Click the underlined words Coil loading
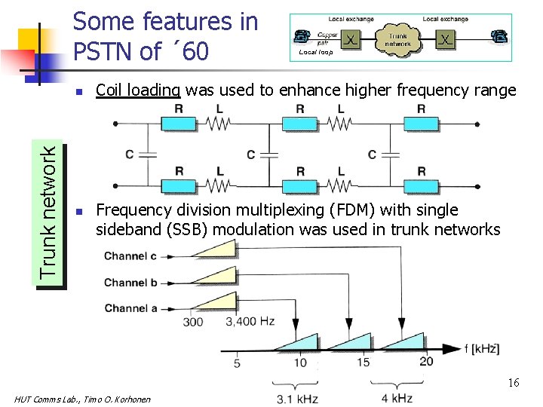click(x=138, y=90)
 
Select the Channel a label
click(x=130, y=308)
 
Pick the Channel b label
click(x=130, y=283)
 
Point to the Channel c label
click(x=130, y=256)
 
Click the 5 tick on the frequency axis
click(x=237, y=363)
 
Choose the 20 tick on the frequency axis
click(x=426, y=361)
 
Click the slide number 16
click(x=513, y=383)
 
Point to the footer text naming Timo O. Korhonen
click(x=83, y=399)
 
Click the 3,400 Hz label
click(x=250, y=322)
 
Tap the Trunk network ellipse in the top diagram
click(x=398, y=39)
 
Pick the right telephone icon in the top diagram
click(x=499, y=36)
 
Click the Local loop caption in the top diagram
click(x=317, y=53)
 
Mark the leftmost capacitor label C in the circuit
click(x=130, y=154)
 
